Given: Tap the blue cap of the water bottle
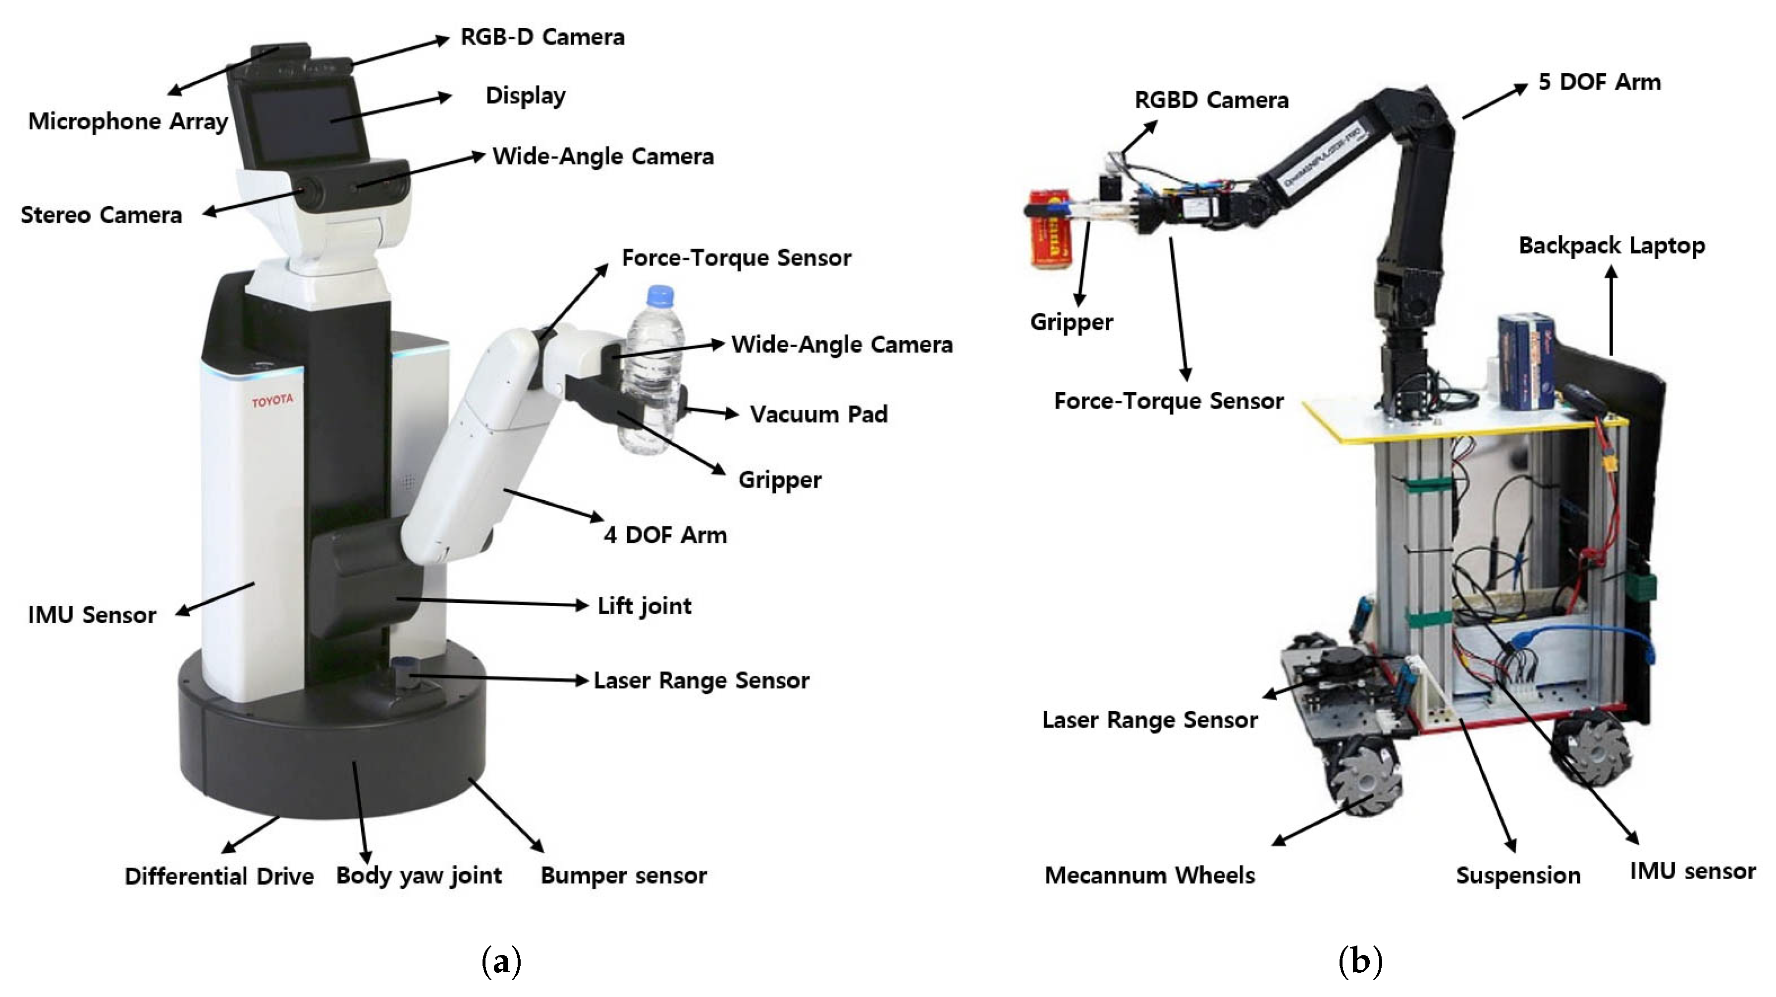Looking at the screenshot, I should [x=660, y=295].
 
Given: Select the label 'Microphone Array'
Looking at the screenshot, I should [x=127, y=121].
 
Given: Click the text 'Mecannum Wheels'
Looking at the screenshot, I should [x=1149, y=875].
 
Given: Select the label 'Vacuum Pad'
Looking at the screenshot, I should [x=818, y=415].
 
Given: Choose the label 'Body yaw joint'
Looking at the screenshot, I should [x=419, y=875].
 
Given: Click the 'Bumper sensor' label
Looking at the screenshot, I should [x=623, y=875].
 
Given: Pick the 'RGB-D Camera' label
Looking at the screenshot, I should [x=542, y=37].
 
